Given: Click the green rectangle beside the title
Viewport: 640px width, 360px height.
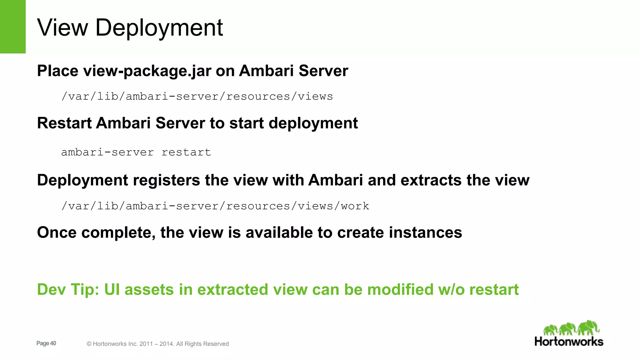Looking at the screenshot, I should point(12,27).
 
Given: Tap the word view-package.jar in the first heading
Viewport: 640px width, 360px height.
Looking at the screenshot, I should point(147,71).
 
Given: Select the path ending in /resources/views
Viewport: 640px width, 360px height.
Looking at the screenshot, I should point(197,96).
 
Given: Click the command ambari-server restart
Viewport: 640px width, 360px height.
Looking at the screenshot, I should point(136,152).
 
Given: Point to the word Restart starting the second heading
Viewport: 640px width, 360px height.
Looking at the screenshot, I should point(64,123).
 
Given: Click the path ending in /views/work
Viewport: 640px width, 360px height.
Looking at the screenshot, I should point(215,206).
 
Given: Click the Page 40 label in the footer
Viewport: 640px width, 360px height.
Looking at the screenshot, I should point(46,343).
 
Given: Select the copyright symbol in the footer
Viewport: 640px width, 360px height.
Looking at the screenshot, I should point(89,344).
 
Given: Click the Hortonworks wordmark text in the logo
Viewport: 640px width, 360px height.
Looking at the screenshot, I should point(569,341).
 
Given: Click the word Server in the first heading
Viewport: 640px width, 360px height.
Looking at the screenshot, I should point(323,71).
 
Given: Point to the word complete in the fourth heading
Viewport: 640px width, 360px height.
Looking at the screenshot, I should point(118,233).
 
